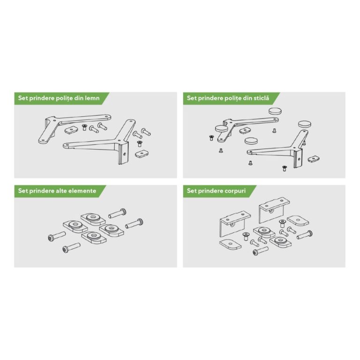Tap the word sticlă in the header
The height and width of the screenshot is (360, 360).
261,98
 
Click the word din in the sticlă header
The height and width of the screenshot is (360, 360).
247,98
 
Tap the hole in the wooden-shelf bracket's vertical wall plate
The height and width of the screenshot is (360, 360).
124,154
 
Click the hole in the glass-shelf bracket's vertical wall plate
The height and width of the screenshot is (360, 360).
299,159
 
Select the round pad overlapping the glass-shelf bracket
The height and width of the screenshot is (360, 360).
221,129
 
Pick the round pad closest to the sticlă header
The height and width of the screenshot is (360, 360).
275,111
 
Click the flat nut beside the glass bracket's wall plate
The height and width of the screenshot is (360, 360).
314,158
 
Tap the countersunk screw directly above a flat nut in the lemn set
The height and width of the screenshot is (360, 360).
139,144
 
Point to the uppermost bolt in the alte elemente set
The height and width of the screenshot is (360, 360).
117,213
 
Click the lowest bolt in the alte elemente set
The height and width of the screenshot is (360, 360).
71,248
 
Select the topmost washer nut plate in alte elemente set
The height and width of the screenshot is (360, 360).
93,218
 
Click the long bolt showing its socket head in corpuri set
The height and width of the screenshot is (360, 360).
260,251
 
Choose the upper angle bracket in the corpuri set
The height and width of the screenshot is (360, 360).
274,210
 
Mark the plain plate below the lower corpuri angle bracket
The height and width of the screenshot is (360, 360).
230,245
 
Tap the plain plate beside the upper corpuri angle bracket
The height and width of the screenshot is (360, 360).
298,221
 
